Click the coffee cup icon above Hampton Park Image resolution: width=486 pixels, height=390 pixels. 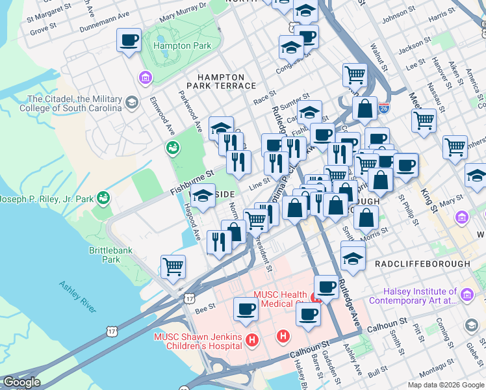click(x=129, y=40)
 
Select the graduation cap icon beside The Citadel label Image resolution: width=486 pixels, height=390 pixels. click(x=132, y=103)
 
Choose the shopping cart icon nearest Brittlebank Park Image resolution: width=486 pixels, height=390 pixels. click(x=173, y=266)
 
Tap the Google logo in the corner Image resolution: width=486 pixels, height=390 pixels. click(x=21, y=382)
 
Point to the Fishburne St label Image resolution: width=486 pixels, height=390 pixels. click(x=192, y=174)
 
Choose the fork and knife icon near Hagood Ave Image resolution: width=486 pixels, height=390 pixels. click(x=219, y=242)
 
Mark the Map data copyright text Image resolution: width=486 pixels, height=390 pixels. click(x=445, y=385)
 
